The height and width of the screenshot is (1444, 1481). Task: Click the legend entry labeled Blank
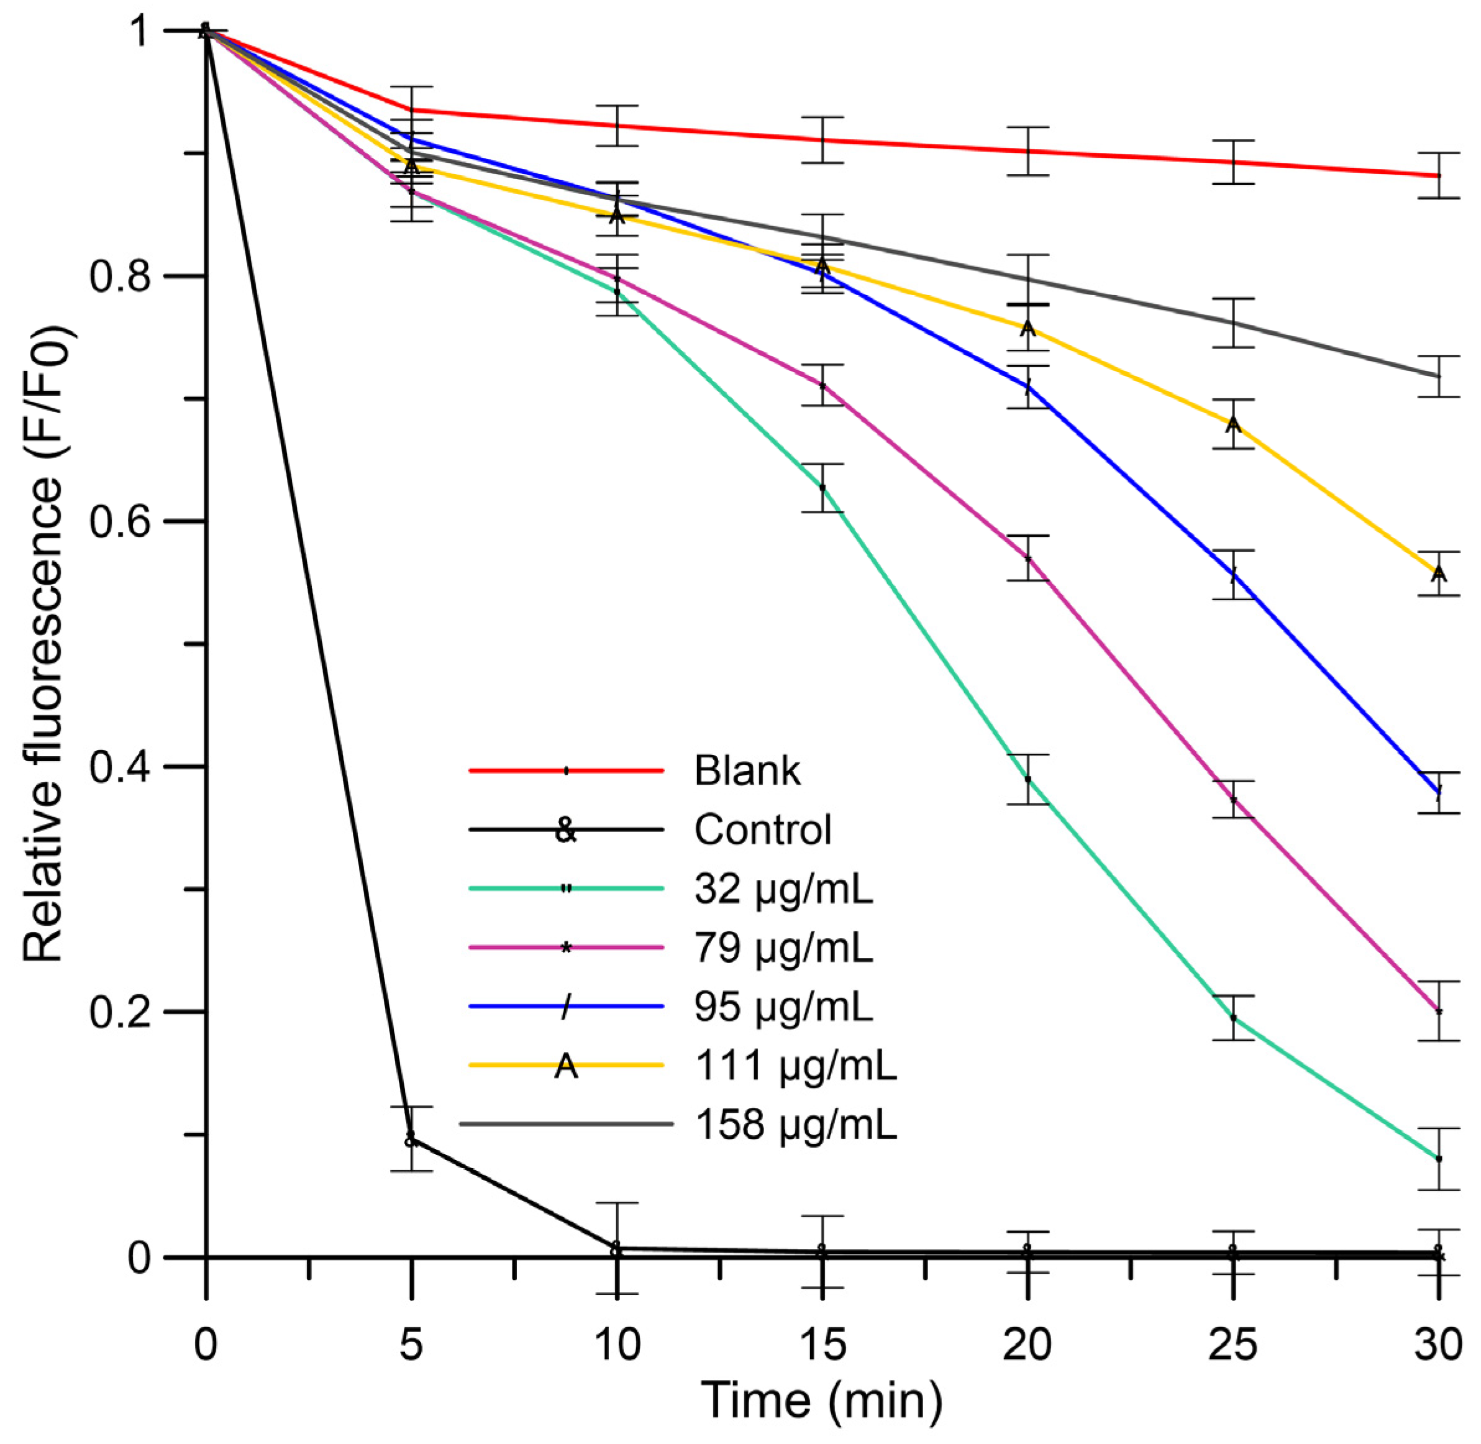(x=747, y=770)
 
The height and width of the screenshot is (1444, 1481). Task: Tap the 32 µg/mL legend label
(x=783, y=889)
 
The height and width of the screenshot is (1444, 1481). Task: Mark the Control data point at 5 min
(x=410, y=1138)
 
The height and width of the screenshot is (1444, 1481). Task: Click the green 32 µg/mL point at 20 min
(x=1028, y=779)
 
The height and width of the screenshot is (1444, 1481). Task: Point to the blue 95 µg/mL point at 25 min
(x=1233, y=574)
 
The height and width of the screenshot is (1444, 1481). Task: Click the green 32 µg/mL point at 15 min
(x=822, y=488)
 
